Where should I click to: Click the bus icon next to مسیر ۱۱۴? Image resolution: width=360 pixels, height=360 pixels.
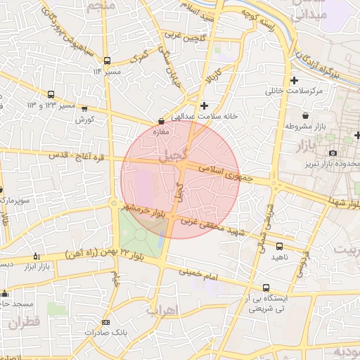click(x=107, y=60)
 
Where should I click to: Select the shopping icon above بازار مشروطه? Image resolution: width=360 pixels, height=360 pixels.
click(x=305, y=115)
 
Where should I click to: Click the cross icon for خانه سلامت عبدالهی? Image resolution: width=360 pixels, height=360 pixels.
click(x=204, y=105)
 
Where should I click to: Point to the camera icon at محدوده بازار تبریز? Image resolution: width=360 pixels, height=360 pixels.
click(x=333, y=153)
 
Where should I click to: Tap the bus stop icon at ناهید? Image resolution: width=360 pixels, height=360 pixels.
click(x=280, y=246)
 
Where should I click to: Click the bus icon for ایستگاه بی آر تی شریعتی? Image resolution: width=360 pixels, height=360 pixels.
click(x=266, y=288)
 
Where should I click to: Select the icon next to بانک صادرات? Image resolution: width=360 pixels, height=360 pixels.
click(x=105, y=322)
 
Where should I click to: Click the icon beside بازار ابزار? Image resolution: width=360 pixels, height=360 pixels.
click(x=37, y=257)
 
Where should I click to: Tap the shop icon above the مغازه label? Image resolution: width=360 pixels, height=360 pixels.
click(x=161, y=121)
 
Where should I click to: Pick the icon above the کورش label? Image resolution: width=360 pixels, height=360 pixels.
click(x=85, y=109)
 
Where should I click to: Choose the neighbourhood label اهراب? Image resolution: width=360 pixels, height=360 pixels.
click(x=162, y=309)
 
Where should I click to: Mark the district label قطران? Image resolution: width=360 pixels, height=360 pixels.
click(x=25, y=323)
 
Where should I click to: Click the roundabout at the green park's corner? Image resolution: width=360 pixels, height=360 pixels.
click(x=114, y=205)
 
